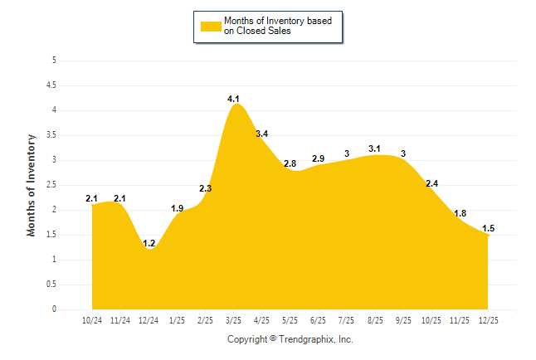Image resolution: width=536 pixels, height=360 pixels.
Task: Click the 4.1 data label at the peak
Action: (234, 100)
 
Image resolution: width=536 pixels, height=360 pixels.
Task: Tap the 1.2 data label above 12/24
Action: (149, 244)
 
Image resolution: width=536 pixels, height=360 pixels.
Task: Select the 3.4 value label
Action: (262, 134)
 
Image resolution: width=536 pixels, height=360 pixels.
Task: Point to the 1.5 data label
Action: (488, 229)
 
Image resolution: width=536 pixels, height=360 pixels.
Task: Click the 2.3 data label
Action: (206, 189)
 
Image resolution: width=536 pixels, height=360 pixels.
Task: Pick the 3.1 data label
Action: (375, 149)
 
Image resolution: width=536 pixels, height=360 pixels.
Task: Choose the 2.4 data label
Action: (431, 184)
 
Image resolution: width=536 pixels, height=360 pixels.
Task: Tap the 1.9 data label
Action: (178, 209)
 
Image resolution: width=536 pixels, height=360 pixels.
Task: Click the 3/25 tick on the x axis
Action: (234, 319)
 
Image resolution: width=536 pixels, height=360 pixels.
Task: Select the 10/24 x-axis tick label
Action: (92, 319)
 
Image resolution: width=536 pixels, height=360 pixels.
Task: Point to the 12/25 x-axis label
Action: (488, 319)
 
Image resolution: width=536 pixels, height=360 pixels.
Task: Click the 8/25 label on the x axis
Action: (375, 319)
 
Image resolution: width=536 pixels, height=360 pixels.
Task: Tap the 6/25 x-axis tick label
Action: (319, 319)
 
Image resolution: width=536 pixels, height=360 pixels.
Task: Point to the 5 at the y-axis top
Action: (54, 60)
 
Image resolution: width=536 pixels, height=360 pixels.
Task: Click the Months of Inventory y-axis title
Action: (32, 185)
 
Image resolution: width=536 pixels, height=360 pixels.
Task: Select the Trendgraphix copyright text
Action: (290, 339)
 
